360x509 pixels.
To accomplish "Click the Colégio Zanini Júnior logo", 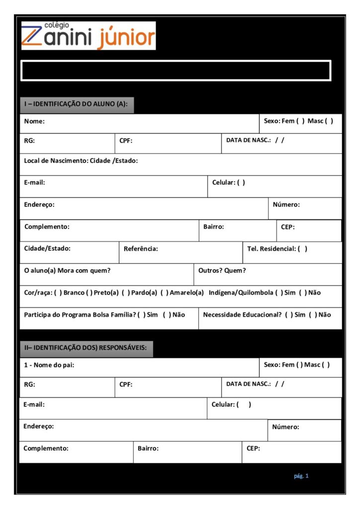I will coord(88,35).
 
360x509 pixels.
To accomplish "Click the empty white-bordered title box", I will coord(176,70).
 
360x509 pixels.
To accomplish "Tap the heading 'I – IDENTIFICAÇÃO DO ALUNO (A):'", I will coord(77,104).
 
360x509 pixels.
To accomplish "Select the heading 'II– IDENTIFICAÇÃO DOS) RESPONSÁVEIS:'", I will coord(86,347).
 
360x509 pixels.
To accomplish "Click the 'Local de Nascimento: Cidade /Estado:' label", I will coord(81,161).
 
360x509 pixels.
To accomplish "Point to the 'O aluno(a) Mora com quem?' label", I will coord(67,270).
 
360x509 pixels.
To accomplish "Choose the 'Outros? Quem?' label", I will coord(222,270).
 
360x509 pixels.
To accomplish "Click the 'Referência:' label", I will coord(141,249).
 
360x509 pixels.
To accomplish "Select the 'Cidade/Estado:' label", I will coord(47,248).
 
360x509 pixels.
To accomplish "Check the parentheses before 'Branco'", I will coord(58,293).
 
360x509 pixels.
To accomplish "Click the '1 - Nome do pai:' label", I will coord(49,365).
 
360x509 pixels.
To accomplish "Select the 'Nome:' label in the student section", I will coord(34,121).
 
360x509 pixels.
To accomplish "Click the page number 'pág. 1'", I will coord(301,476).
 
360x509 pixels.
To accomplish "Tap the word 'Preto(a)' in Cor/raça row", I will coord(106,293).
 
